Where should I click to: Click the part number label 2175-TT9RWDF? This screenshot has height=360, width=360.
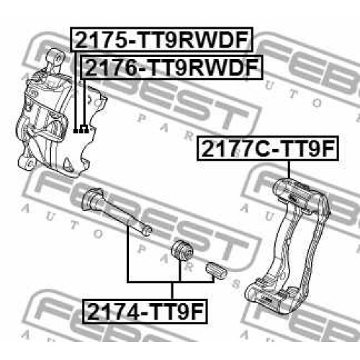click(x=161, y=40)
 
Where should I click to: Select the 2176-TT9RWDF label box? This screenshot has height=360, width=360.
click(x=171, y=68)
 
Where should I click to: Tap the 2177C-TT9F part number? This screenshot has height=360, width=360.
click(x=268, y=148)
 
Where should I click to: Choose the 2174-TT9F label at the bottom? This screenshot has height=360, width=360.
click(x=145, y=311)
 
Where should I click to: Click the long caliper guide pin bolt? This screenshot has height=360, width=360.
click(x=117, y=210)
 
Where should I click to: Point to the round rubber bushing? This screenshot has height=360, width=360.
click(x=182, y=250)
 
